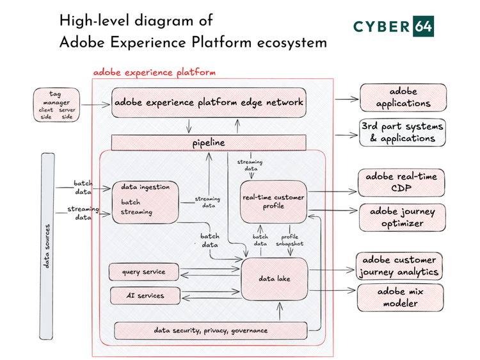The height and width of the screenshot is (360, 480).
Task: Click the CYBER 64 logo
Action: tap(403, 26)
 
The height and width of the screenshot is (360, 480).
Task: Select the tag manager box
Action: tap(57, 105)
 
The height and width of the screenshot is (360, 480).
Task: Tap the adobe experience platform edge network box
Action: tap(209, 102)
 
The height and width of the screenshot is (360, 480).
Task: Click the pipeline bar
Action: tap(209, 142)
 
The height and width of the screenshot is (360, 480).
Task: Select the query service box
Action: tap(143, 272)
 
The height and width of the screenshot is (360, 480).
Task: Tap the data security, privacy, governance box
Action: tap(211, 331)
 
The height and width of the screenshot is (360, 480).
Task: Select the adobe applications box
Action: tap(403, 97)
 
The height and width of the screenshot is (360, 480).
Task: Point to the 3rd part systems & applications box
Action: tap(403, 133)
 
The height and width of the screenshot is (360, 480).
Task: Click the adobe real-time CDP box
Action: tap(400, 183)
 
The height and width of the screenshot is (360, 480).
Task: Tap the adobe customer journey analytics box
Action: tap(400, 266)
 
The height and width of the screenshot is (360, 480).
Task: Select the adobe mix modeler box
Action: tap(400, 297)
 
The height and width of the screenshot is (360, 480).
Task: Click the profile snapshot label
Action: tap(290, 240)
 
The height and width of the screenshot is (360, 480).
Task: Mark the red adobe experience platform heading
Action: tap(154, 72)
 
